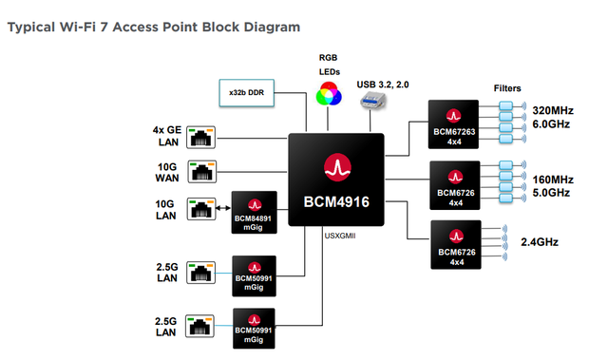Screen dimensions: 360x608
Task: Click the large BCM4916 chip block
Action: (337, 180)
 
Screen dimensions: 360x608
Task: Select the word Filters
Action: (506, 88)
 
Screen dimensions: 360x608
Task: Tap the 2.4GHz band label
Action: (539, 242)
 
